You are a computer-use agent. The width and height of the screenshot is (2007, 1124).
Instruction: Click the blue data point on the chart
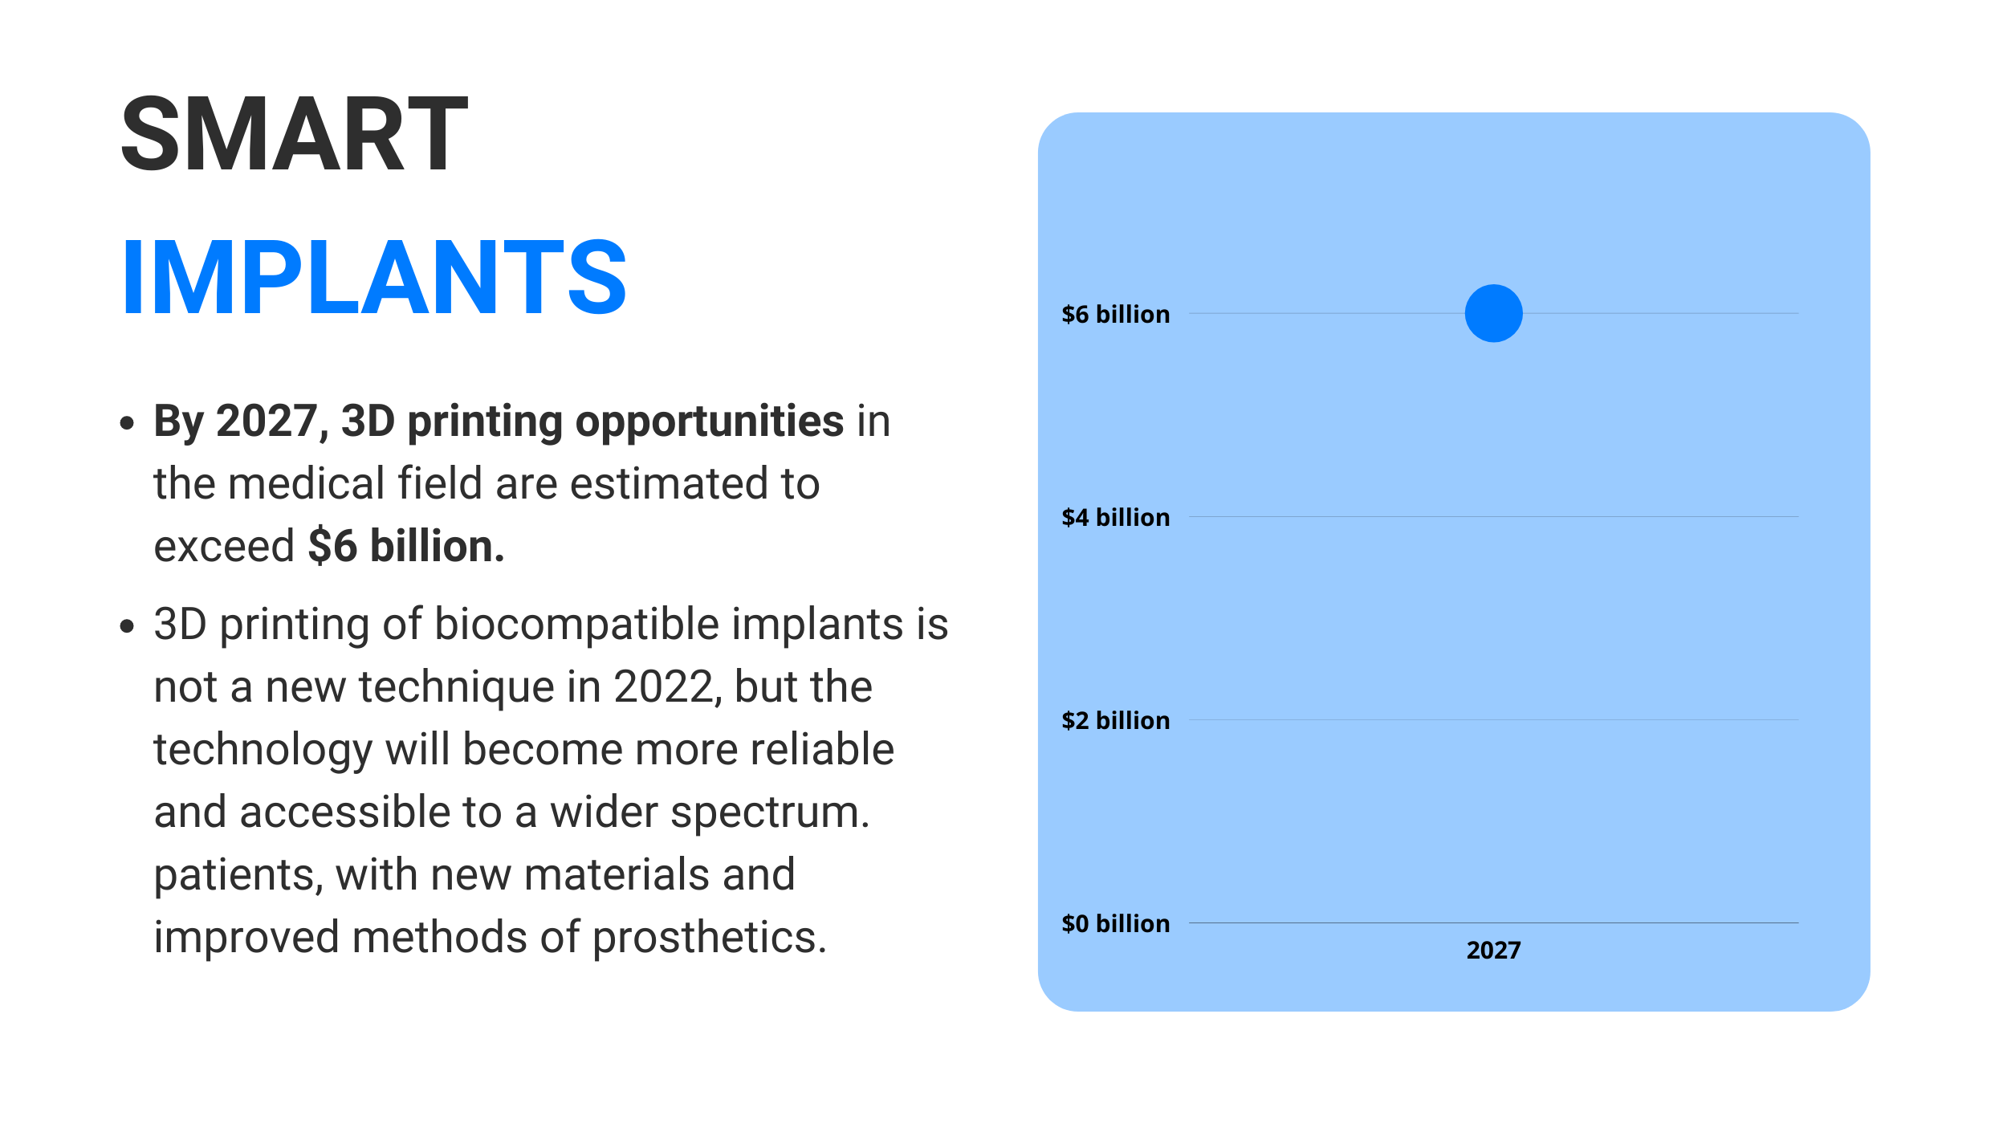coord(1493,313)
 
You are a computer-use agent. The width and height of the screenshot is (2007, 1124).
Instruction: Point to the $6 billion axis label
coord(1115,314)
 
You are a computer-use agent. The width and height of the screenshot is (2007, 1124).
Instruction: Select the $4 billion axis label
coord(1115,517)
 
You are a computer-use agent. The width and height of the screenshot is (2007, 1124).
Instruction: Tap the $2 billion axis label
coord(1115,720)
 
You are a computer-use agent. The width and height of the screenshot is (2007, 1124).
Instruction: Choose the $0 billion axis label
coord(1115,923)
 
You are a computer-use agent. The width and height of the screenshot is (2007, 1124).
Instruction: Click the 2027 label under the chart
coord(1493,950)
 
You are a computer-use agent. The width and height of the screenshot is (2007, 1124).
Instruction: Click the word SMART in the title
coord(295,133)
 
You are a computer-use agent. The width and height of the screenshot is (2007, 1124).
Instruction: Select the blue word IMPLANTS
coord(374,277)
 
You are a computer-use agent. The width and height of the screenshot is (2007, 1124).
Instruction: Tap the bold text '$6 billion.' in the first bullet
coord(406,546)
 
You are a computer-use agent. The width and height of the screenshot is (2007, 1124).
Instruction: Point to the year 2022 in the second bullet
coord(662,687)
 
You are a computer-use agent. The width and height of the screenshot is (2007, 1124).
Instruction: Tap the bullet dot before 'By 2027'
coord(127,422)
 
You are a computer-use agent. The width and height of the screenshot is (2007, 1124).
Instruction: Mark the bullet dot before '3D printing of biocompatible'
coord(127,625)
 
